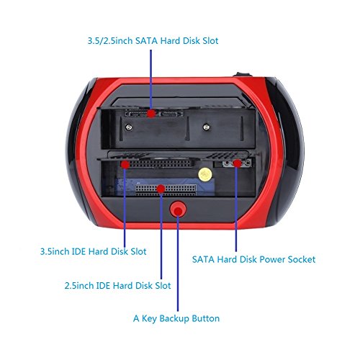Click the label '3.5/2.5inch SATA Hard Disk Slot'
point(151,41)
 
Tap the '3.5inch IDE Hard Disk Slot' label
point(93,252)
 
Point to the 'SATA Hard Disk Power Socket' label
point(253,258)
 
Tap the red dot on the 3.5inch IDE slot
point(125,164)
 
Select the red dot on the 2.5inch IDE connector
point(160,189)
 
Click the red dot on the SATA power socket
point(235,164)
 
